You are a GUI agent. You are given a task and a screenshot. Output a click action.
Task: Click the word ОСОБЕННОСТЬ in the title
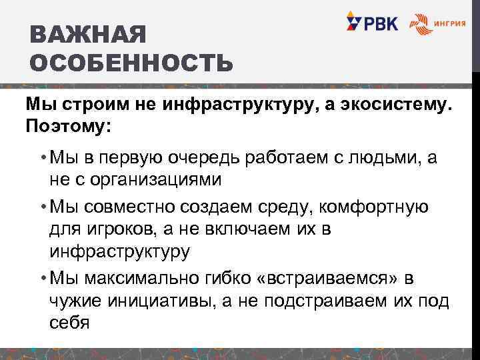point(132,63)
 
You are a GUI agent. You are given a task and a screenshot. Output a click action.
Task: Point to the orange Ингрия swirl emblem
point(420,24)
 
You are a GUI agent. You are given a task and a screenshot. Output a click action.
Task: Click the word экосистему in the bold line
point(390,105)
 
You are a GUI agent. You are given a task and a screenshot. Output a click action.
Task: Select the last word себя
point(69,323)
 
